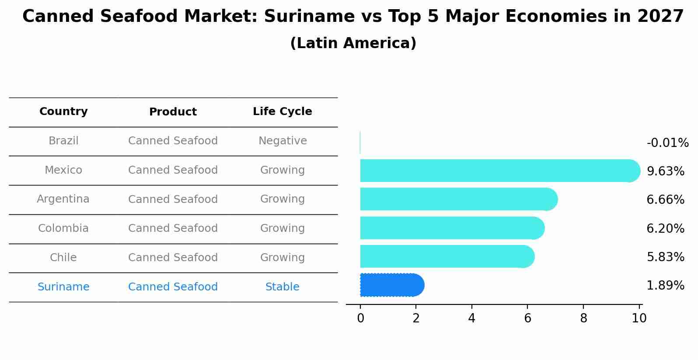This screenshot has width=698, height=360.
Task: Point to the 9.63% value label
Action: point(665,171)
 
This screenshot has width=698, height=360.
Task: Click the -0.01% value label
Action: point(667,143)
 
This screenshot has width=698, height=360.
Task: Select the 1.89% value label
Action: point(665,286)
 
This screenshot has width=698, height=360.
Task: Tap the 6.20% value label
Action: point(665,228)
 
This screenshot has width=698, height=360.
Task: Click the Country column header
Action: point(63,112)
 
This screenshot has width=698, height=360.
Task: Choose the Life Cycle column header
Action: point(282,112)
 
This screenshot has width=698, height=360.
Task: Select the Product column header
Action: point(173,112)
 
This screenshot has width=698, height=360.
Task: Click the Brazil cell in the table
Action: point(63,141)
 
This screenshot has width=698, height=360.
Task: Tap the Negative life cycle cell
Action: point(283,141)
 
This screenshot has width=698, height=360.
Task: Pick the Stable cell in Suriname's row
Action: point(282,287)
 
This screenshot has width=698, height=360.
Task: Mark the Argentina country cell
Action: point(63,199)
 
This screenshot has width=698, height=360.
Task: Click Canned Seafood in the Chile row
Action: point(173,258)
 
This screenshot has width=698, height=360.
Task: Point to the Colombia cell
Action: point(63,228)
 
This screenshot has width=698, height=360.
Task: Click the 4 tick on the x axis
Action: point(471,318)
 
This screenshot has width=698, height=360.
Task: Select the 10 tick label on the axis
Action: point(639,318)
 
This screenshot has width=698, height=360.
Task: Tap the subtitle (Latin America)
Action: point(353,43)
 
